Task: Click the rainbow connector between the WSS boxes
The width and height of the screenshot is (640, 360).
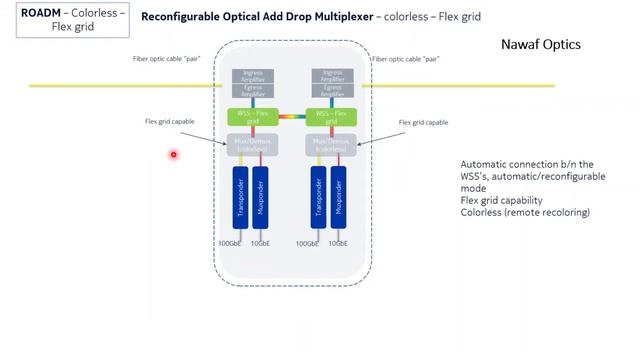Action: coord(292,117)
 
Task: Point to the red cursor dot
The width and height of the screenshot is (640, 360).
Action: coord(173,154)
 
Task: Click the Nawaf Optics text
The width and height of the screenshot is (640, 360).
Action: coord(540,45)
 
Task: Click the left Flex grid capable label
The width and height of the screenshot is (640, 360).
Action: coord(170,122)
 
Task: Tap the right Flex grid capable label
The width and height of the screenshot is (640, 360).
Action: coord(423,122)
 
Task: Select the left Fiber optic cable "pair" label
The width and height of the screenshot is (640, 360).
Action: coord(167,59)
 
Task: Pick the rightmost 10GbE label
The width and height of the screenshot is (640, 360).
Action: coord(345,243)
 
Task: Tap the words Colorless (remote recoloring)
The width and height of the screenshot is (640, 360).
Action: coord(524,213)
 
